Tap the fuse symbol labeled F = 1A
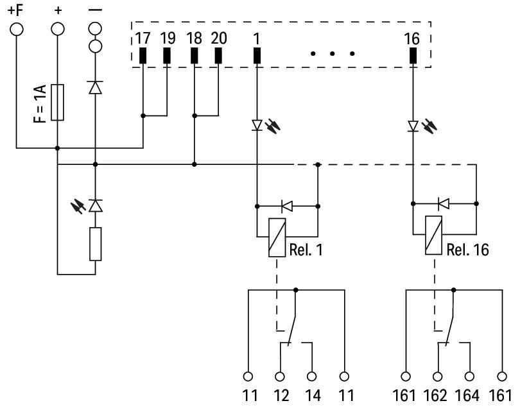click(x=58, y=102)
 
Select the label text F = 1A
click(x=39, y=102)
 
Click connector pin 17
click(x=142, y=56)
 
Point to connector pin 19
click(x=167, y=56)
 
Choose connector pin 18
click(x=194, y=56)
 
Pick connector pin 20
click(x=218, y=56)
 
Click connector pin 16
click(x=412, y=56)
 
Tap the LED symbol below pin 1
click(x=257, y=126)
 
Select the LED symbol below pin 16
click(x=412, y=126)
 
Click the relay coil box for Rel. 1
click(x=276, y=237)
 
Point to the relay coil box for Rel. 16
click(x=433, y=235)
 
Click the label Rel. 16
click(x=467, y=250)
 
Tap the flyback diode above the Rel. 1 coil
click(x=287, y=206)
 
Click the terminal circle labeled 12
click(x=279, y=376)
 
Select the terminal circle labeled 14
click(x=312, y=376)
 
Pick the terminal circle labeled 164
click(x=469, y=376)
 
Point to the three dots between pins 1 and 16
click(x=333, y=54)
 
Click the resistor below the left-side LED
click(x=96, y=244)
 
